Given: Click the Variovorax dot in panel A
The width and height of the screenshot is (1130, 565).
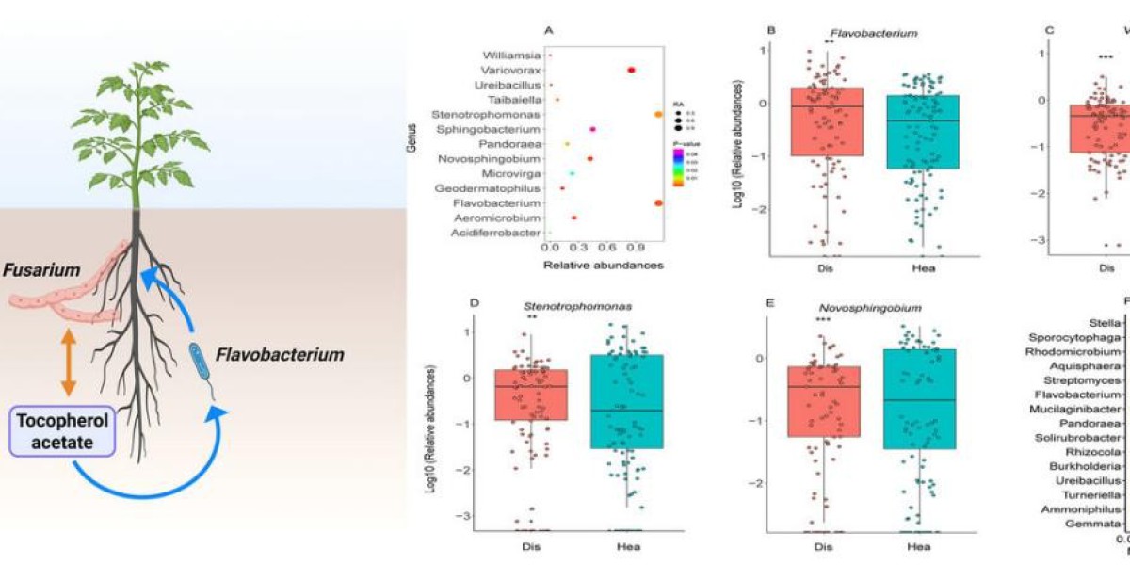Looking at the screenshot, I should click(630, 70).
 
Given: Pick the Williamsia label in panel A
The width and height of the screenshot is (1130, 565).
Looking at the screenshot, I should click(513, 55).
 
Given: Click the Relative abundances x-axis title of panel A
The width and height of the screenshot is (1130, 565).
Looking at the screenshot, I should click(604, 265).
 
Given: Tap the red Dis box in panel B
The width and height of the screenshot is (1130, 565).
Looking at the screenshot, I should click(827, 121).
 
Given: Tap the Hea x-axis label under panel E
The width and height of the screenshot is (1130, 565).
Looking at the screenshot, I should click(919, 546).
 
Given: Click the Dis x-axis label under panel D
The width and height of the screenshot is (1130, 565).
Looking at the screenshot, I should click(530, 546).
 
